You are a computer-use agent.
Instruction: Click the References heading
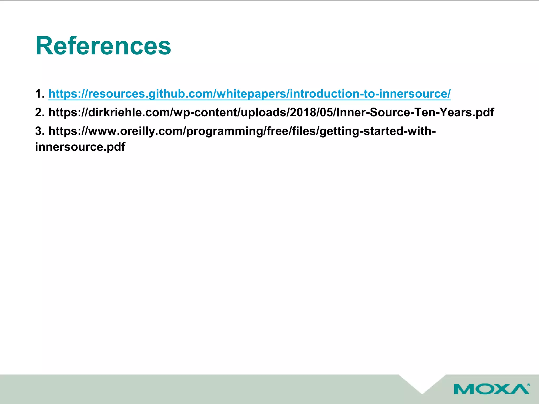coord(103,46)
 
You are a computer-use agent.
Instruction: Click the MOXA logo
coord(491,389)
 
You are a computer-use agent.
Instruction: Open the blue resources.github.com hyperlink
coord(249,94)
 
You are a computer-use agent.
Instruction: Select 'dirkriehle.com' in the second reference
coord(130,113)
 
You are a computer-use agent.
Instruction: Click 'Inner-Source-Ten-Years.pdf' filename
coord(415,113)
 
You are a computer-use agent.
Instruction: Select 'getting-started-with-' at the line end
coord(377,131)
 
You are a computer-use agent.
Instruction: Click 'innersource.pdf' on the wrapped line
coord(80,147)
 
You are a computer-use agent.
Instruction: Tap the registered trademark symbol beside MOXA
coord(528,385)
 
